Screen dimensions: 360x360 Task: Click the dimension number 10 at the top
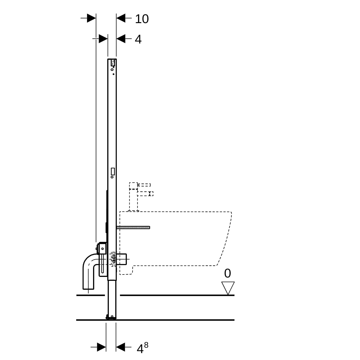coord(142,19)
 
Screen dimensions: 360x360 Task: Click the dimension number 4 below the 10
coord(138,39)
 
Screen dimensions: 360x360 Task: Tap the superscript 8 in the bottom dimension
coord(146,345)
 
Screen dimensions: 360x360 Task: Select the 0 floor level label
coord(227,273)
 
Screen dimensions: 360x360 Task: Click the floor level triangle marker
coord(228,288)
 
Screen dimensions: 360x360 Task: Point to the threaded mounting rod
coord(133,227)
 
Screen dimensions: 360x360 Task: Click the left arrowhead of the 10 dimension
coord(91,18)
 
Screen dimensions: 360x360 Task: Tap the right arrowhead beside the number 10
coord(121,18)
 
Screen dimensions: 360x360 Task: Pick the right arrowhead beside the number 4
coord(121,39)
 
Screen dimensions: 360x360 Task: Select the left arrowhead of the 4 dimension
coord(103,39)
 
